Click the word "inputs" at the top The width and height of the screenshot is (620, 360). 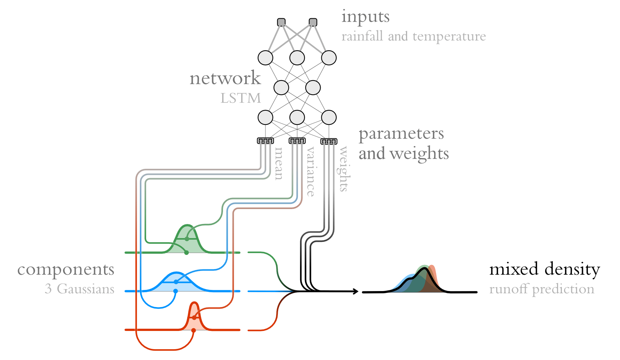[x=365, y=17]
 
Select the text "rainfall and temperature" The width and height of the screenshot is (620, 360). [x=413, y=37]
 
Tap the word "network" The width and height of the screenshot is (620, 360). [x=225, y=78]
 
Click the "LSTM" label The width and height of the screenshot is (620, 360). [x=240, y=98]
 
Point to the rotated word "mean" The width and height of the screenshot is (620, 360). [x=278, y=164]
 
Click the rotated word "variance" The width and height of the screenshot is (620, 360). [x=311, y=171]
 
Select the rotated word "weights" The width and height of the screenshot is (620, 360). [x=343, y=169]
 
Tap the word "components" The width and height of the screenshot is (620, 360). [x=66, y=270]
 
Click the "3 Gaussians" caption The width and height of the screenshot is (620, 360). [x=79, y=289]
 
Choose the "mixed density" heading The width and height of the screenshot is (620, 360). [x=544, y=269]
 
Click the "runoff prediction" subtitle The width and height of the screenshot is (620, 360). [x=542, y=289]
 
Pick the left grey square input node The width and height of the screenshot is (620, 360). [x=281, y=22]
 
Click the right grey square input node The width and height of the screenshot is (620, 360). [x=313, y=22]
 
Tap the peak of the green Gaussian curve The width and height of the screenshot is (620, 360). [x=187, y=225]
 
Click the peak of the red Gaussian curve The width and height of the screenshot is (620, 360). [x=194, y=303]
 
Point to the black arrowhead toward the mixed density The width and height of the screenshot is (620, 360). [x=356, y=291]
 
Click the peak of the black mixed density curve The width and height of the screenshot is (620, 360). [x=425, y=268]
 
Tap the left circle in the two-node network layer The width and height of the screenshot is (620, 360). [x=281, y=88]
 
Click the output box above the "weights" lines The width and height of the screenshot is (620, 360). [x=329, y=141]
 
